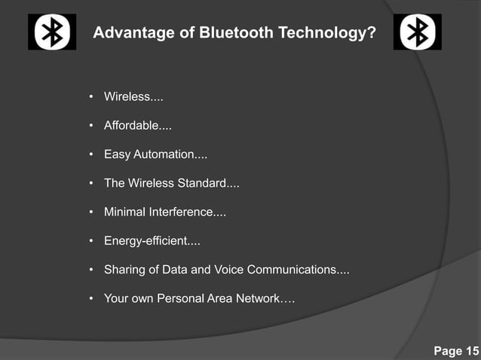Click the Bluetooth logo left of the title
tap(52, 32)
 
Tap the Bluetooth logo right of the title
tap(417, 32)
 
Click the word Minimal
tap(124, 212)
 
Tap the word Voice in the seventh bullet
tap(229, 270)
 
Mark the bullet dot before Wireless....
tap(91, 97)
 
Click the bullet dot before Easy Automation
tap(91, 154)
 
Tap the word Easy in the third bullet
tap(117, 154)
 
